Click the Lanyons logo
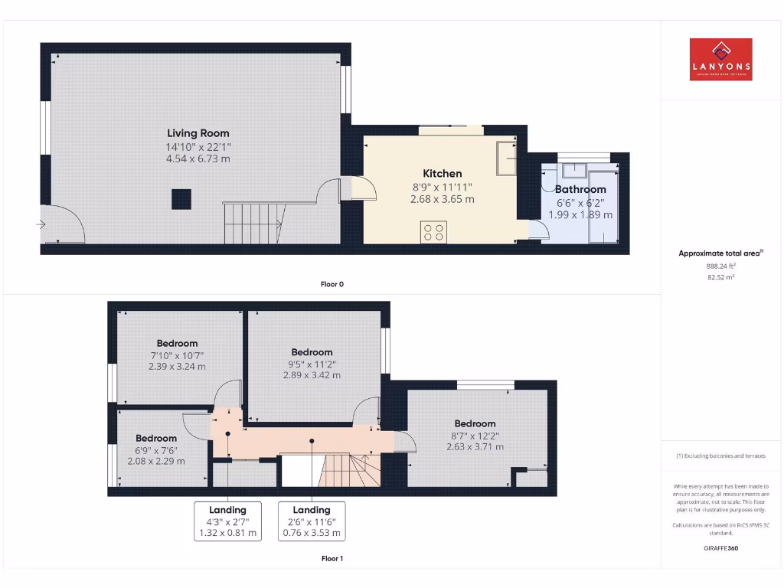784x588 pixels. [720, 60]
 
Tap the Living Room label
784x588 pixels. [198, 133]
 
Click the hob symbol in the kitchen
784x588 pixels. [433, 231]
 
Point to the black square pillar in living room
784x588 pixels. [181, 199]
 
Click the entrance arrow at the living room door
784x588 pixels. [40, 224]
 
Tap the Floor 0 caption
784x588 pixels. [332, 284]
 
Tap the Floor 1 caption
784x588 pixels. [332, 559]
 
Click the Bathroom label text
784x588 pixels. [580, 189]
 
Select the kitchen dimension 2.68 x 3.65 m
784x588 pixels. [443, 199]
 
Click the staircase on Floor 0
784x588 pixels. [253, 222]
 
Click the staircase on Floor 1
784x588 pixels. [348, 469]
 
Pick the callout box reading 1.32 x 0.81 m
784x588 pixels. [227, 521]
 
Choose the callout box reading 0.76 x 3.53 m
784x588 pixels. [312, 521]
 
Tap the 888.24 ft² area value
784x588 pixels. [720, 266]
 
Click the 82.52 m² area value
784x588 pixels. [720, 277]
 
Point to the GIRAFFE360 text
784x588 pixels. [720, 548]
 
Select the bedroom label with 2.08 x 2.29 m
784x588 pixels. [156, 439]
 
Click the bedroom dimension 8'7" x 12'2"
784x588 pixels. [475, 436]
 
